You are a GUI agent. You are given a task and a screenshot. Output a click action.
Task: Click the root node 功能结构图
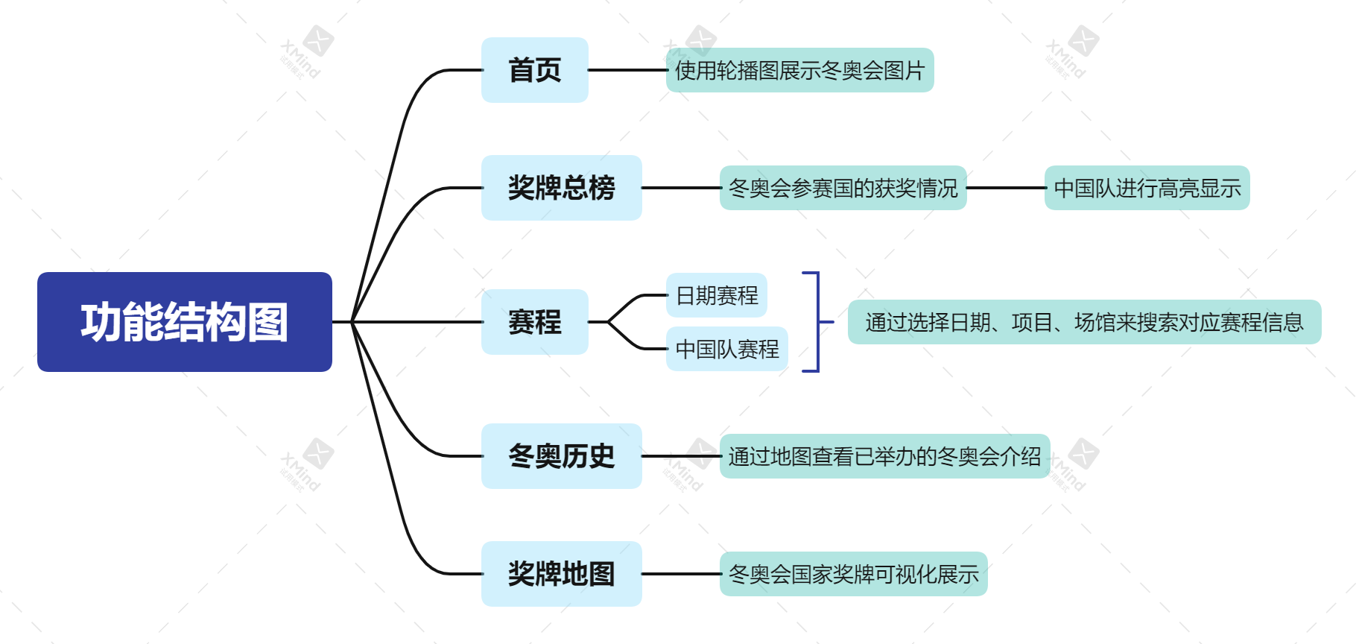[x=184, y=321]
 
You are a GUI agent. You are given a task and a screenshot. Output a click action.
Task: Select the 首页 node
[x=534, y=70]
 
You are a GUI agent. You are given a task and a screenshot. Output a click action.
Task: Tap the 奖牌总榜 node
[x=561, y=188]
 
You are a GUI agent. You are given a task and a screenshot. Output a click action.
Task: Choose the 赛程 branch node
[x=534, y=322]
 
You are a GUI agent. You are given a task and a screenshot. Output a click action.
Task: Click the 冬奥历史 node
[x=561, y=456]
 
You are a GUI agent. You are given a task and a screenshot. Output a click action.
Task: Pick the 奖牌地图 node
[x=561, y=574]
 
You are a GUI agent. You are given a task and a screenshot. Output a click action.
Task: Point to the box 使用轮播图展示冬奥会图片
[x=799, y=70]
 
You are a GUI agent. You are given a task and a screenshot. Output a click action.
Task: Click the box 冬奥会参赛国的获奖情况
[x=843, y=188]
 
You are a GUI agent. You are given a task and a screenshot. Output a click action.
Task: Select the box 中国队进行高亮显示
[x=1147, y=188]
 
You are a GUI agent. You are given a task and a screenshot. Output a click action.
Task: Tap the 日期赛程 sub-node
[x=716, y=295]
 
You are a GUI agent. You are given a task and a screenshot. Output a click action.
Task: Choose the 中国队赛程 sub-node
[x=726, y=349]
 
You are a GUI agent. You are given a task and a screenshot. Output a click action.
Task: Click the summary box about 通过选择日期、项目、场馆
[x=1084, y=322]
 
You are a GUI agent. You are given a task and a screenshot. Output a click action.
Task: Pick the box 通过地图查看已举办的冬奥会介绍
[x=884, y=456]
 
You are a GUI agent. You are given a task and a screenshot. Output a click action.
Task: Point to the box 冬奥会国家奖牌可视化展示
[x=853, y=574]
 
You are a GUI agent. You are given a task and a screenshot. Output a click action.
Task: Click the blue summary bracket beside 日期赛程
[x=817, y=322]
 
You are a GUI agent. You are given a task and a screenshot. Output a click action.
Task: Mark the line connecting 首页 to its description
[x=627, y=70]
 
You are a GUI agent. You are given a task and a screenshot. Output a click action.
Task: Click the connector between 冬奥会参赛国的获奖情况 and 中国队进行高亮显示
[x=1006, y=188]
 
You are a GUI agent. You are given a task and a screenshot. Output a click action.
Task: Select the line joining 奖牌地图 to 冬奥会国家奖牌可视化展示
[x=680, y=574]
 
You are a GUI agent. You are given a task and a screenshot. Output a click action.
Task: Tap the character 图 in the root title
[x=268, y=322]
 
